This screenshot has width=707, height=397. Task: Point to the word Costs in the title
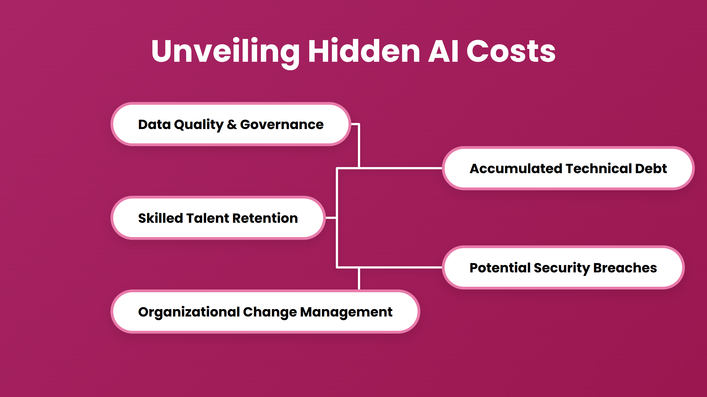[x=511, y=51]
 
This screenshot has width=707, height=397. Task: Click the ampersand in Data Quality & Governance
[x=232, y=125]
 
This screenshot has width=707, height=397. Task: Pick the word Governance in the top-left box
[x=282, y=125]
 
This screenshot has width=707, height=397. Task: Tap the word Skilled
[x=160, y=218]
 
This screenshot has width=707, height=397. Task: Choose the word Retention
[x=265, y=218]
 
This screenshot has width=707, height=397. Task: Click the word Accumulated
[x=516, y=168]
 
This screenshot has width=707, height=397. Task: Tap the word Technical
[x=599, y=168]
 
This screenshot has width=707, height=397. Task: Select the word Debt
[x=651, y=168]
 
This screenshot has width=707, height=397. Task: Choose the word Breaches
[x=625, y=268]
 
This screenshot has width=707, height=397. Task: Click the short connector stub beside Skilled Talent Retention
[x=331, y=218]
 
